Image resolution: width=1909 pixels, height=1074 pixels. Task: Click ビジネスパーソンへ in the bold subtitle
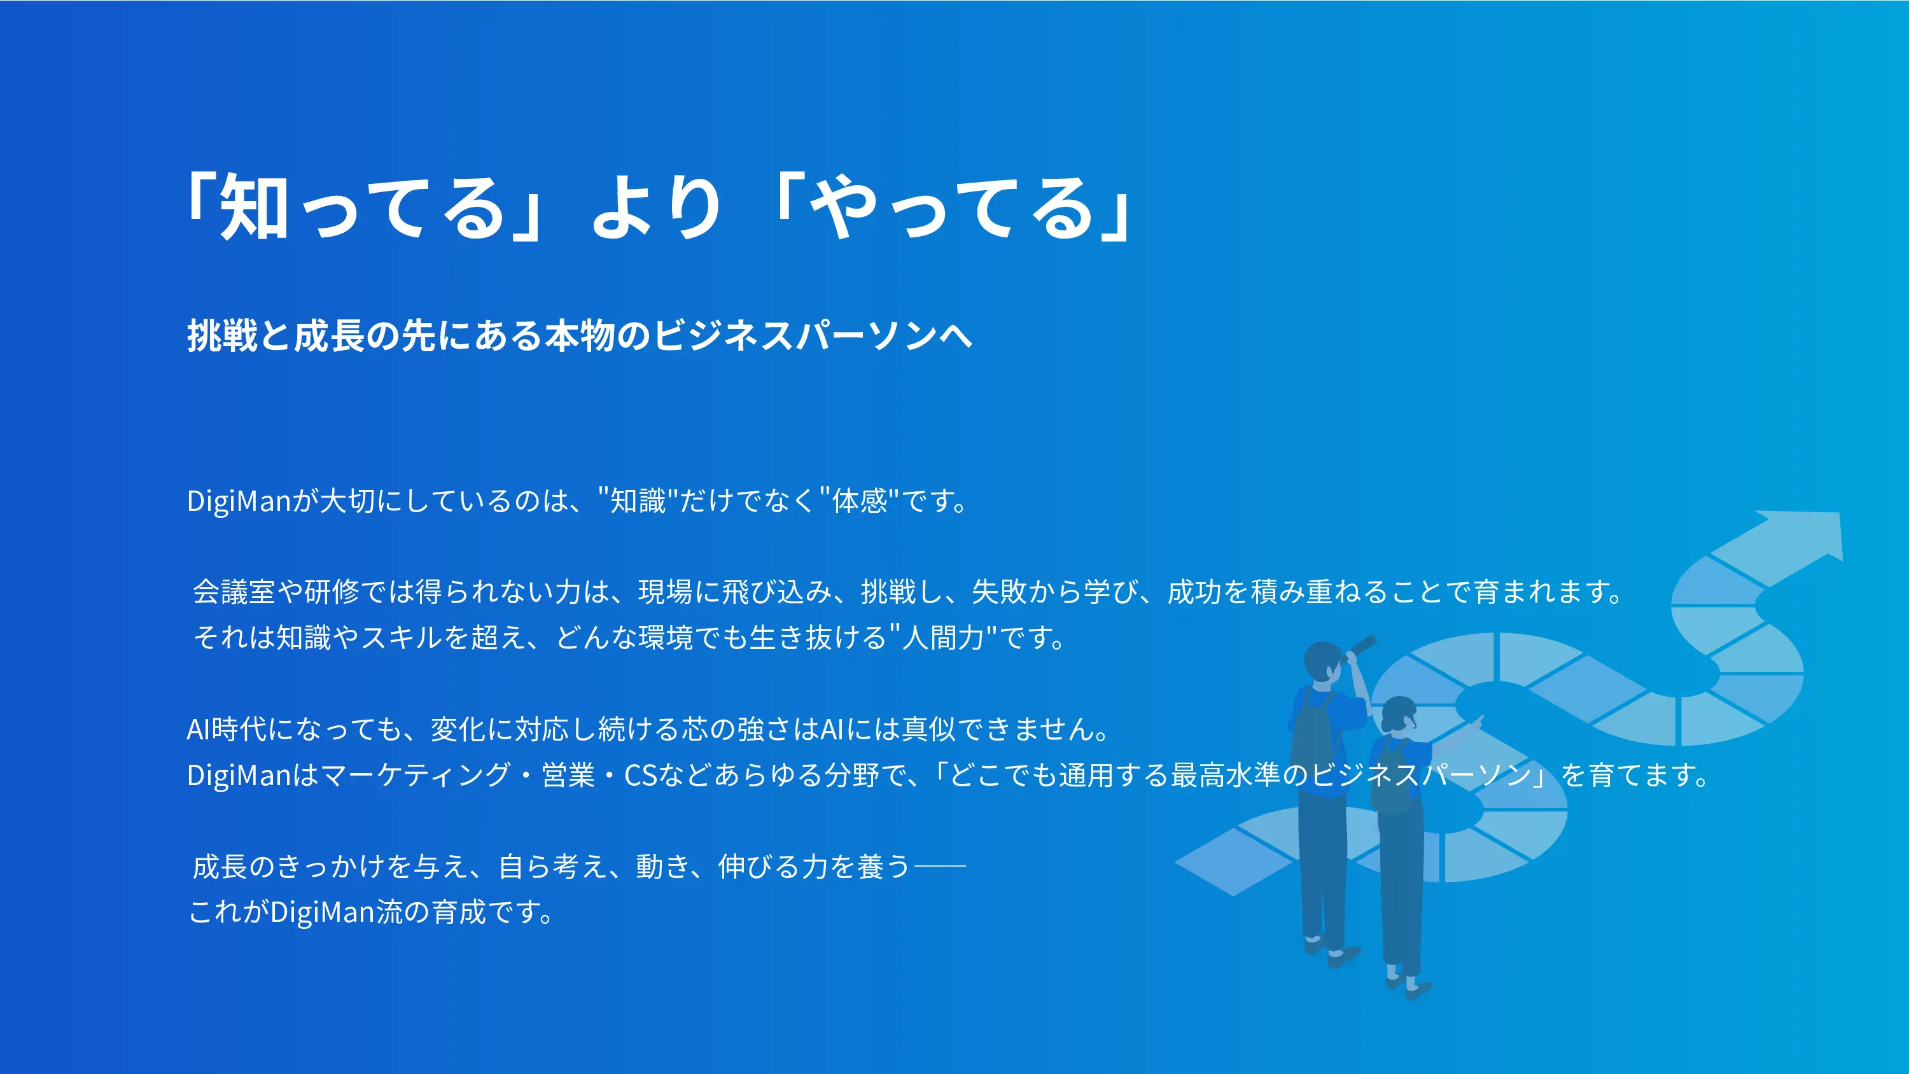click(813, 336)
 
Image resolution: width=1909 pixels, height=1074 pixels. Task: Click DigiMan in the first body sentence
click(239, 502)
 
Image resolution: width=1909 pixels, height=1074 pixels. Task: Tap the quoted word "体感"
click(859, 501)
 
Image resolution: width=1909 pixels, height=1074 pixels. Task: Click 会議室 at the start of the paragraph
click(234, 592)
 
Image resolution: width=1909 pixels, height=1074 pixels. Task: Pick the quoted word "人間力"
click(942, 638)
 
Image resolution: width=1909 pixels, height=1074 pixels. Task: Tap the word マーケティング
click(417, 776)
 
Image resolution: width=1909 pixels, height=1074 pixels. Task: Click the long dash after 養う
click(941, 866)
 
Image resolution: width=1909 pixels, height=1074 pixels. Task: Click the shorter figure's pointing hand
click(1476, 720)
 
